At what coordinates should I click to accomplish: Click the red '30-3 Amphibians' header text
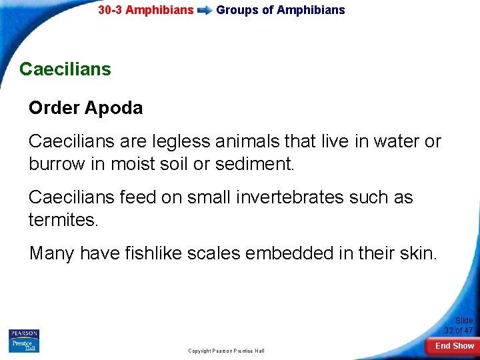(x=145, y=10)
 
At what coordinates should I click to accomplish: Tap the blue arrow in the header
(x=205, y=10)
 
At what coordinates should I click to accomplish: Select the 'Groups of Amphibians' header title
(x=281, y=10)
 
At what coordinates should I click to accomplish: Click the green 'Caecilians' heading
(x=65, y=69)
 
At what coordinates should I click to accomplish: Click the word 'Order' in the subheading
(x=55, y=108)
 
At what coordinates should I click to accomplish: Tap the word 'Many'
(x=52, y=253)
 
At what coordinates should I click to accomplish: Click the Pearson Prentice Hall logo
(x=24, y=341)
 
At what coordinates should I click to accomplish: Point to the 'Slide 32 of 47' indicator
(x=459, y=325)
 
